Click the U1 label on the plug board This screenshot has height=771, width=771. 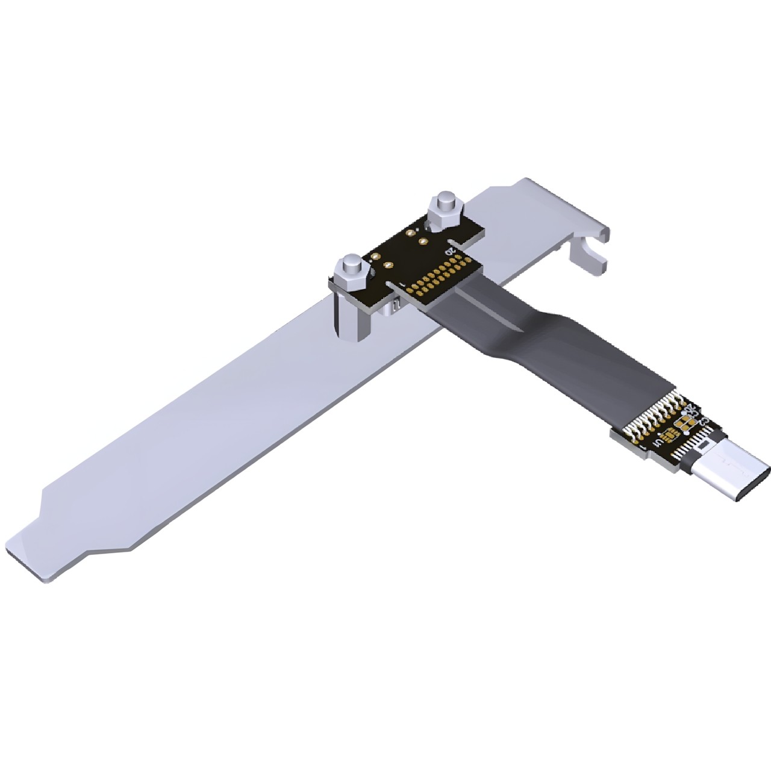click(x=660, y=443)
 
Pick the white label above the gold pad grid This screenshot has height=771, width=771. click(x=449, y=250)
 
